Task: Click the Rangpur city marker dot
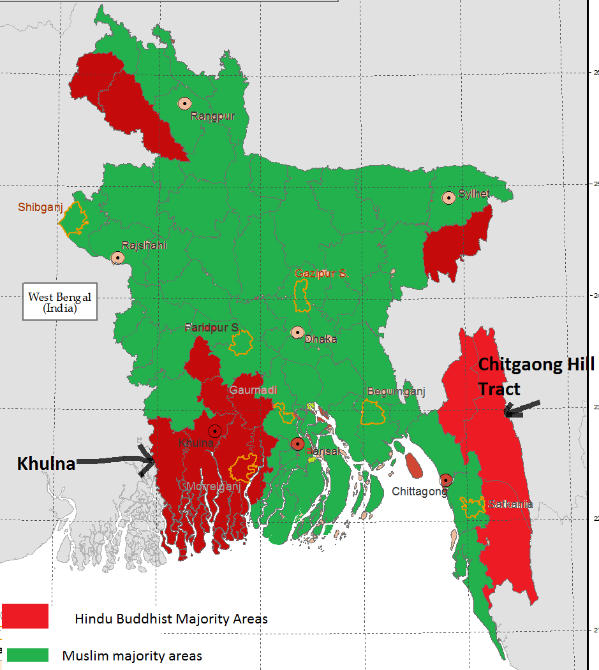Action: [x=184, y=103]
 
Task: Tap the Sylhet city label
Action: [x=473, y=194]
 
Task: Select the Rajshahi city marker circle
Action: [x=117, y=258]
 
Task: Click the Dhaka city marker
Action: [x=297, y=332]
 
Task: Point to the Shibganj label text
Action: [x=40, y=207]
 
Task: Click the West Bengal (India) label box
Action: [x=60, y=302]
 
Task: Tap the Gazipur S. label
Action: [x=320, y=273]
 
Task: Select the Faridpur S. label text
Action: [x=211, y=328]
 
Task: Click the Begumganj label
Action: [x=396, y=391]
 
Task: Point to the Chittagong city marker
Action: [x=446, y=480]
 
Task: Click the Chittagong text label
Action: [x=418, y=492]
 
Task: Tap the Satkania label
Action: [x=510, y=504]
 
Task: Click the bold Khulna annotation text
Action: [x=46, y=463]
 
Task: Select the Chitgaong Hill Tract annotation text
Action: [x=536, y=376]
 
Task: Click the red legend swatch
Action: [x=26, y=616]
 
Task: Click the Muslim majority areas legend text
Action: [x=132, y=655]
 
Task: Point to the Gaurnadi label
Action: [x=253, y=390]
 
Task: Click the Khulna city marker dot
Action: [x=215, y=431]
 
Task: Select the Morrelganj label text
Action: [x=213, y=486]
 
